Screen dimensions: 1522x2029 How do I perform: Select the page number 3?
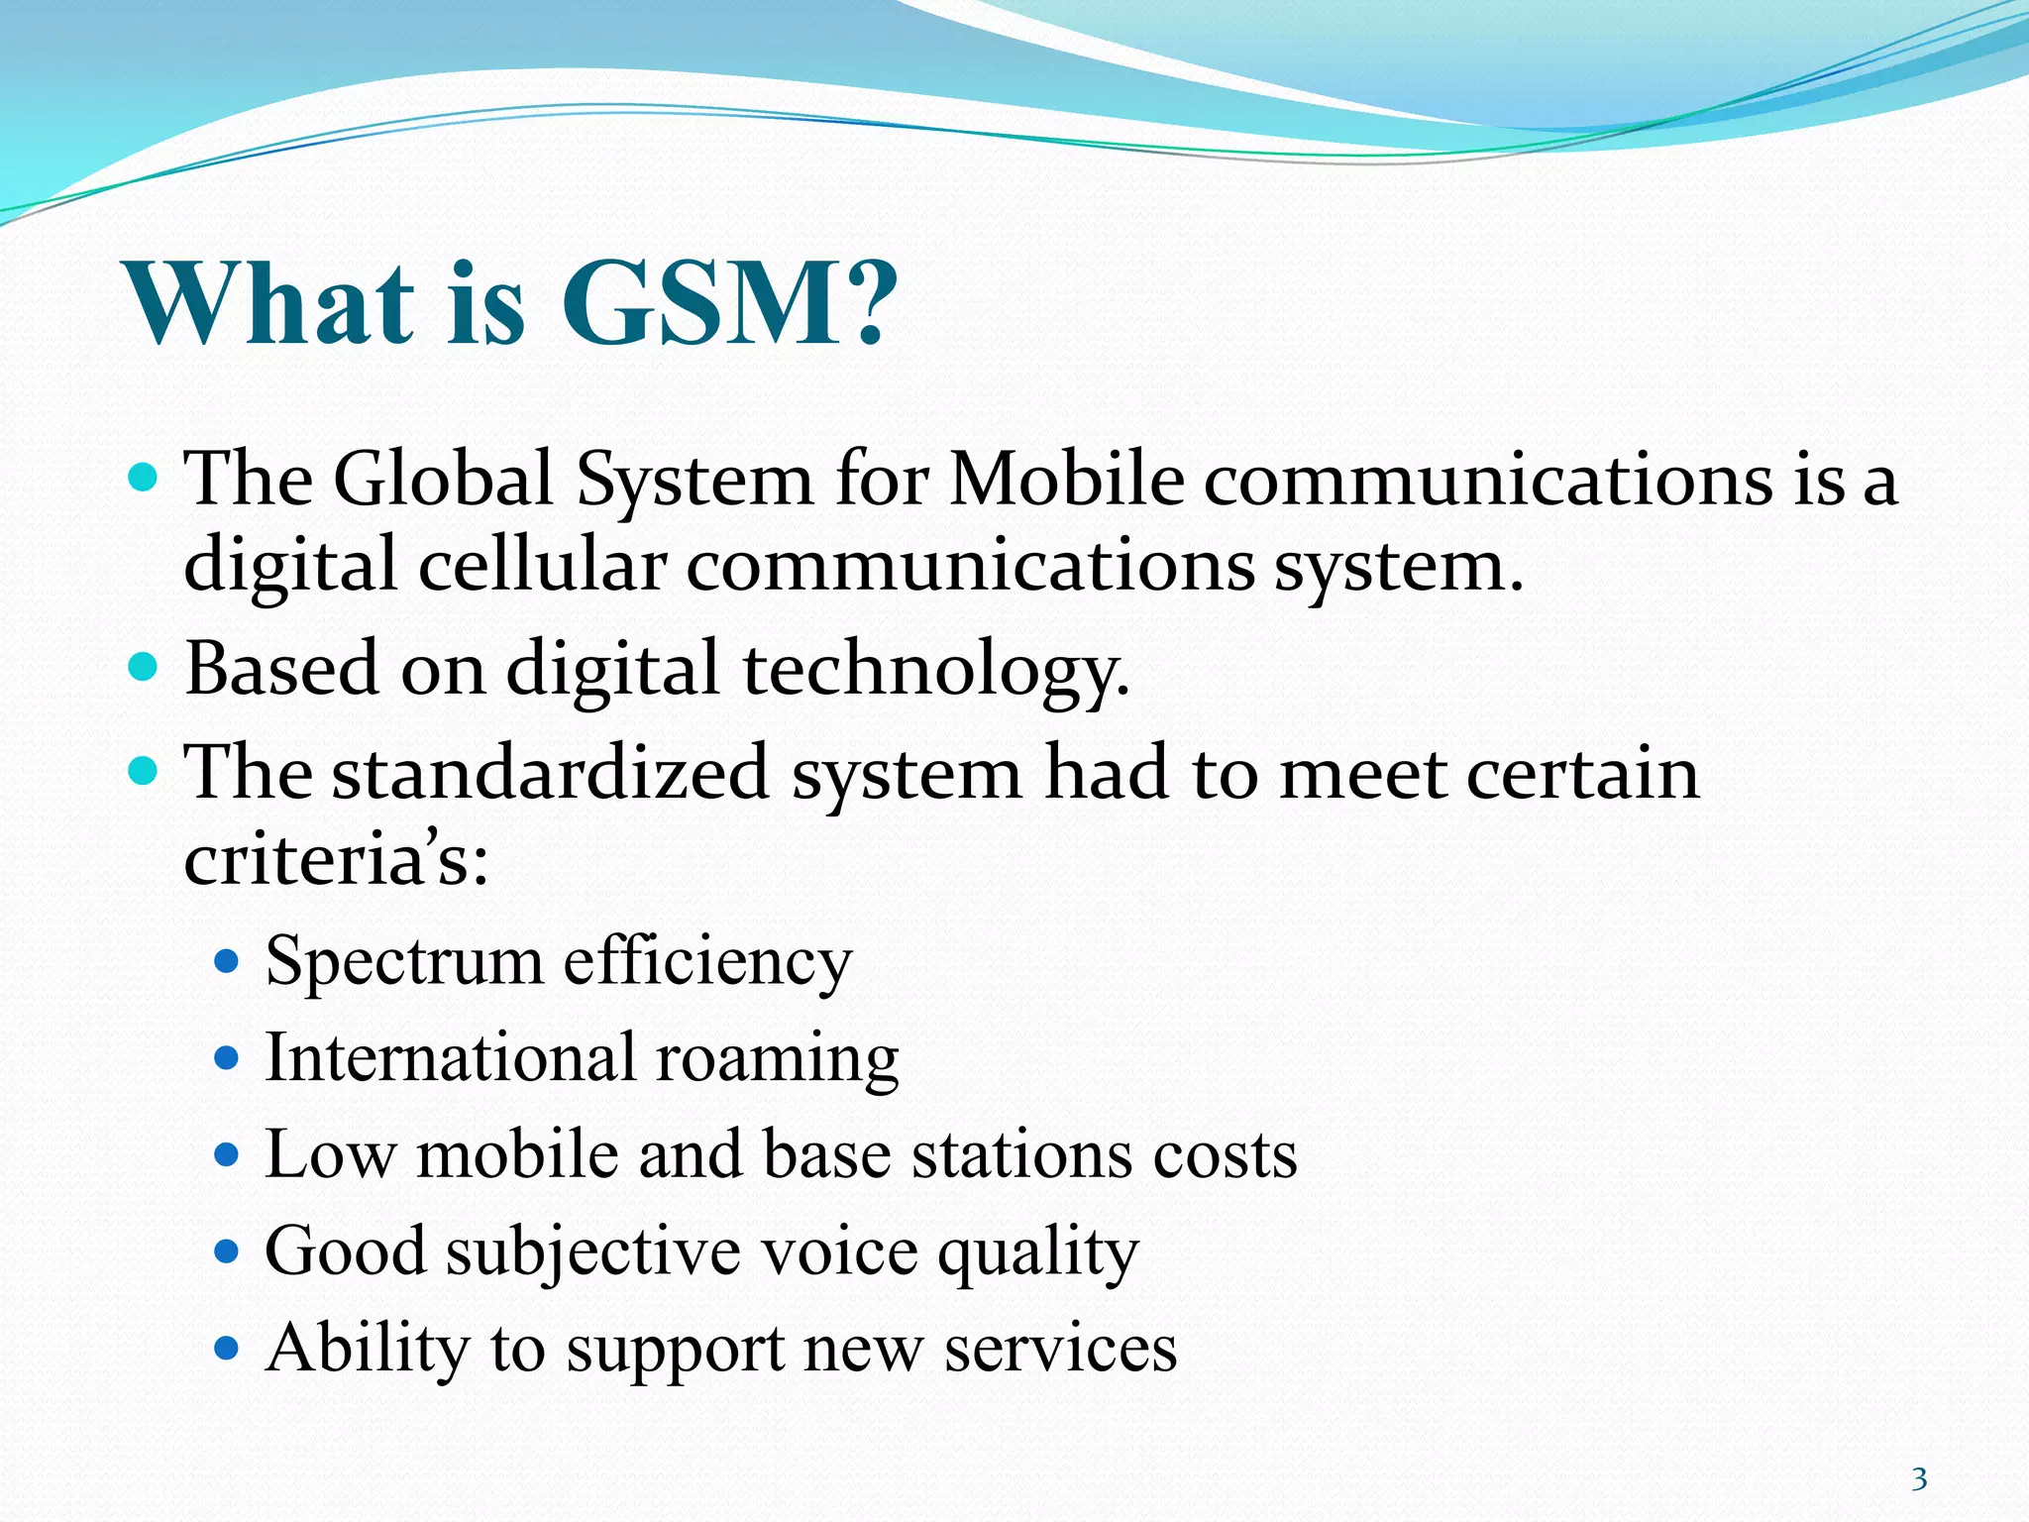(1919, 1479)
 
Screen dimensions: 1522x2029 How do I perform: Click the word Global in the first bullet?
(442, 480)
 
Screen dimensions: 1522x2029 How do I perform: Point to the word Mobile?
(1066, 480)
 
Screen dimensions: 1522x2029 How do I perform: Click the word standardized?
(550, 773)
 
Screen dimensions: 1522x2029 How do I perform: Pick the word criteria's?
(336, 858)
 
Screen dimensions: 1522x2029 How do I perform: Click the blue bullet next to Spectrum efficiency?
(227, 960)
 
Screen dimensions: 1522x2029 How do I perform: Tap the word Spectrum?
(404, 962)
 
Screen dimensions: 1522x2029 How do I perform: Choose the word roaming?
(777, 1058)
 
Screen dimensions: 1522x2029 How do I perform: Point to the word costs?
(1225, 1155)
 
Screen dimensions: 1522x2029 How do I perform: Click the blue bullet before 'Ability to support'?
(227, 1348)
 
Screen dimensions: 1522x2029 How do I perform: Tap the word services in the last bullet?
(1060, 1350)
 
